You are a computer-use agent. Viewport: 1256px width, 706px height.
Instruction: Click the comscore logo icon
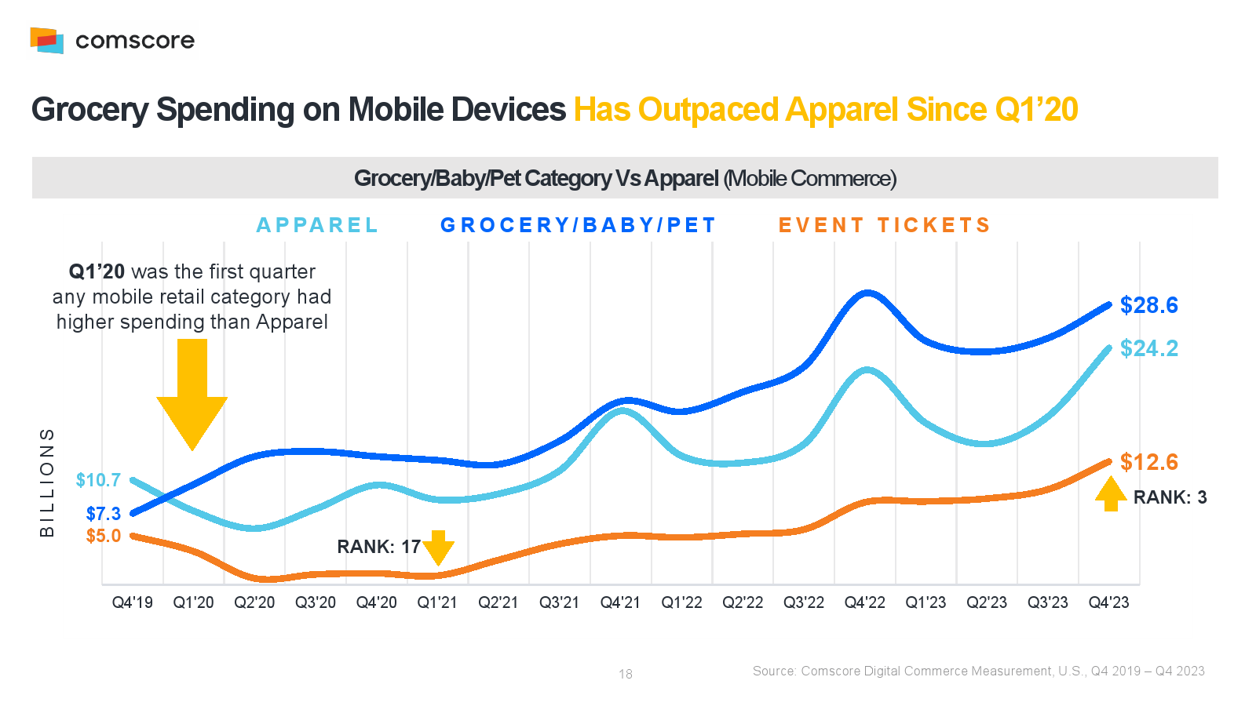pyautogui.click(x=46, y=40)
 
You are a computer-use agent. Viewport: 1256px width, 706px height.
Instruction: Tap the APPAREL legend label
pyautogui.click(x=317, y=225)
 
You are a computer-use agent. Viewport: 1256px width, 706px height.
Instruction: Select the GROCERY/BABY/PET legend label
pyautogui.click(x=578, y=225)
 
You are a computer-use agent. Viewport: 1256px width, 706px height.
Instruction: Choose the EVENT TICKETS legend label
pyautogui.click(x=884, y=225)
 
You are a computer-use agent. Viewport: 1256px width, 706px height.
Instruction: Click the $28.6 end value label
pyautogui.click(x=1148, y=305)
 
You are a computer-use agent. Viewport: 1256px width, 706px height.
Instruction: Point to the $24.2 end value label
pyautogui.click(x=1148, y=348)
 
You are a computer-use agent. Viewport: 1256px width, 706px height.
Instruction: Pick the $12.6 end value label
pyautogui.click(x=1148, y=462)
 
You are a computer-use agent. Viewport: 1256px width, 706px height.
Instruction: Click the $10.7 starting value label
pyautogui.click(x=98, y=480)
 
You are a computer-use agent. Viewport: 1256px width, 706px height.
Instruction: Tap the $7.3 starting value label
pyautogui.click(x=103, y=514)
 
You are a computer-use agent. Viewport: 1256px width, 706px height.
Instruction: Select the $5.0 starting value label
pyautogui.click(x=103, y=536)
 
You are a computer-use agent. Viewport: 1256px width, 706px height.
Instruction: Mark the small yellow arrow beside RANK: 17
pyautogui.click(x=438, y=548)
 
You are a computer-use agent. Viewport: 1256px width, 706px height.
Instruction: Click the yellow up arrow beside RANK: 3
pyautogui.click(x=1111, y=494)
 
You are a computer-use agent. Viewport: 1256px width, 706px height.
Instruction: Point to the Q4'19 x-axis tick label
pyautogui.click(x=132, y=602)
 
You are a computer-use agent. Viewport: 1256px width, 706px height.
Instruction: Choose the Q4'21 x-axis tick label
pyautogui.click(x=620, y=602)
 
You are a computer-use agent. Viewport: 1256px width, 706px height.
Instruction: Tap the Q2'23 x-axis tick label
pyautogui.click(x=987, y=602)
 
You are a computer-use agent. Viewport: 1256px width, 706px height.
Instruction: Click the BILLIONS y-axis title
pyautogui.click(x=47, y=482)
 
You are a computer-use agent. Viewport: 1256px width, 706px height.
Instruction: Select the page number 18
pyautogui.click(x=626, y=674)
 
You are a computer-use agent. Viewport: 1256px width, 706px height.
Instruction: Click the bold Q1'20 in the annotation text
pyautogui.click(x=97, y=271)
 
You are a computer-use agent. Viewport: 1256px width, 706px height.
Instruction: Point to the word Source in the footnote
pyautogui.click(x=772, y=671)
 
